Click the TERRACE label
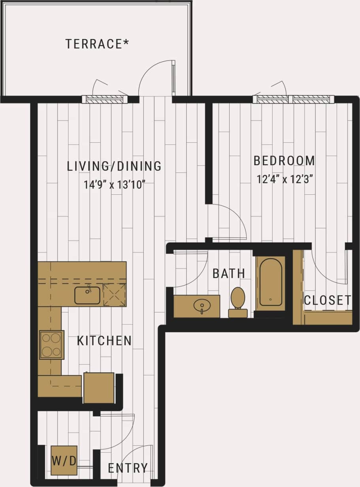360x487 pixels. [97, 43]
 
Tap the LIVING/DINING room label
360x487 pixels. [114, 166]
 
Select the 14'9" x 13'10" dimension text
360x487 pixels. [114, 184]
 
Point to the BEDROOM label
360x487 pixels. [284, 161]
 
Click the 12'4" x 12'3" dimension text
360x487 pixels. [284, 179]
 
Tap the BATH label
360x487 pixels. [229, 273]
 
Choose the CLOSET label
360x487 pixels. [327, 300]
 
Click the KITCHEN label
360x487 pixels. [104, 341]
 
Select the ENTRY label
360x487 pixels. [128, 468]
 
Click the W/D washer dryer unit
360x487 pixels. [64, 460]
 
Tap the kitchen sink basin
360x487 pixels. [87, 295]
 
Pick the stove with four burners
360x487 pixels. [51, 345]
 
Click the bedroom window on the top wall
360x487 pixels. [293, 99]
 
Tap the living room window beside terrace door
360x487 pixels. [105, 99]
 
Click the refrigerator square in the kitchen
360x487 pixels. [99, 388]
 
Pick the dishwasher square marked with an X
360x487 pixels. [114, 294]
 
